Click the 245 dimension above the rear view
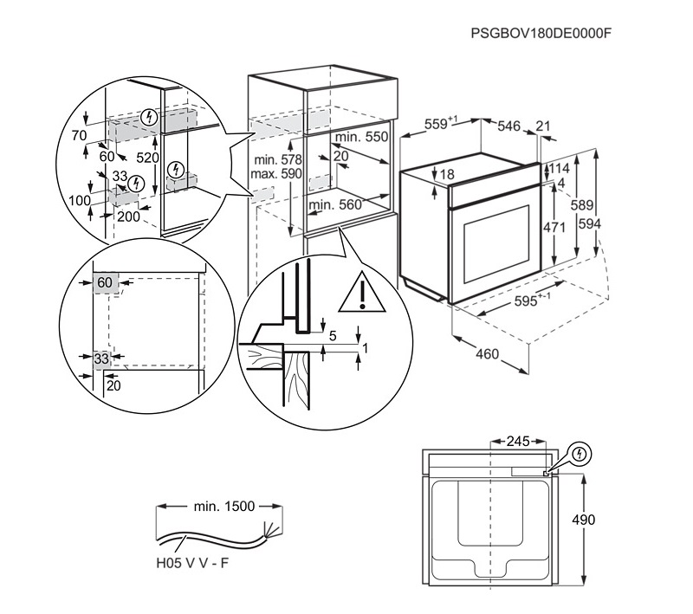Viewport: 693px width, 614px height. pos(517,442)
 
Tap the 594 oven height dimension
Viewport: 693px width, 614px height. pos(589,223)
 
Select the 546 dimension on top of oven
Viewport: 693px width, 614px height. pos(508,126)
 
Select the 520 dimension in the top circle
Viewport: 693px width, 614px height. pos(147,158)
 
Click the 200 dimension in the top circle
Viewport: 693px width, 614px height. pos(128,217)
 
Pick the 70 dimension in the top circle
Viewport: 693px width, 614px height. pos(80,136)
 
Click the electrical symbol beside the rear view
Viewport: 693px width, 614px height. pos(580,453)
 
